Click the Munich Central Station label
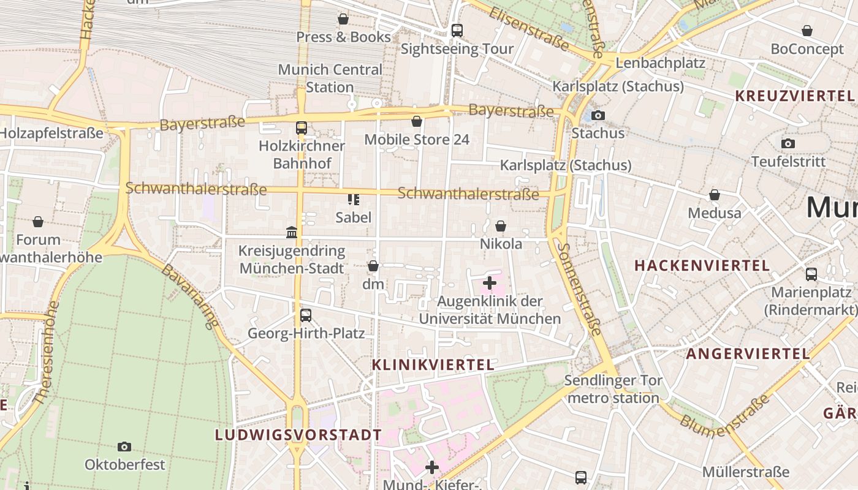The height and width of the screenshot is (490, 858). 330,78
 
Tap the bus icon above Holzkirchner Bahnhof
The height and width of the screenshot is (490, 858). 302,128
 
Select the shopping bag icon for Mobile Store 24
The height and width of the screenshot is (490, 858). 417,122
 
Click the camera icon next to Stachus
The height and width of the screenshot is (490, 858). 598,115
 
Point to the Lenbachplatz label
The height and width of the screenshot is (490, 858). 660,63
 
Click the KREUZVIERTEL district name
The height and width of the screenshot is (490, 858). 794,96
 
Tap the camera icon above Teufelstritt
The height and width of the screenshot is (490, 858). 788,144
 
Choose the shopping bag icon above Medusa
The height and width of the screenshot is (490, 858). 715,195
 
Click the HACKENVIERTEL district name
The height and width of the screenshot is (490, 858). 702,266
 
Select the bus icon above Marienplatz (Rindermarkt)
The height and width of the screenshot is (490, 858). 811,274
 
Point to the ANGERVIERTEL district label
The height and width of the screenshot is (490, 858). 748,354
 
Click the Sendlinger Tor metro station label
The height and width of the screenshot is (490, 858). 613,390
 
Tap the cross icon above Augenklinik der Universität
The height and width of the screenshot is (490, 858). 490,283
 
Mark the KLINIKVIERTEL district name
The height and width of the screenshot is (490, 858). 433,365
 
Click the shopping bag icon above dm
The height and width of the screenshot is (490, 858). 373,266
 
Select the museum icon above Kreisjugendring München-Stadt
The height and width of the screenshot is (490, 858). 292,233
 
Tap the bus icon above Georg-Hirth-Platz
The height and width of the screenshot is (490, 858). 306,315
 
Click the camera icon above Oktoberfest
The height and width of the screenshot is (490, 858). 124,447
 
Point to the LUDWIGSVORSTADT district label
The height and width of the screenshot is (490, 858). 298,435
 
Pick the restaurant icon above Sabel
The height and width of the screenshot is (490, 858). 354,199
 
